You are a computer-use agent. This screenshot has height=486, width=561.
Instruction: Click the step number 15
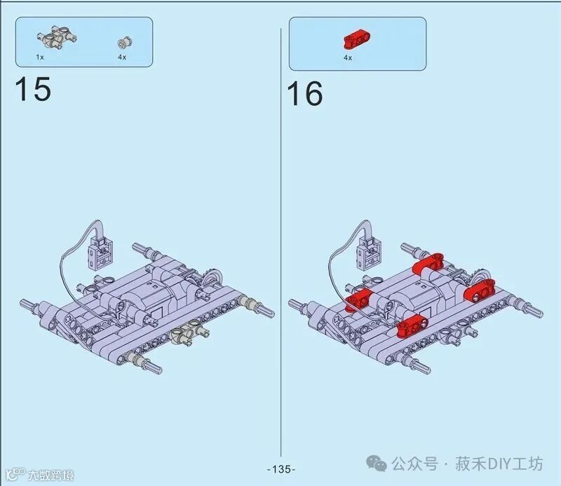(33, 89)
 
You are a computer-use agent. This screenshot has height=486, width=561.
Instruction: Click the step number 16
(304, 93)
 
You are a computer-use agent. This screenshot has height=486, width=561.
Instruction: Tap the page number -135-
(281, 469)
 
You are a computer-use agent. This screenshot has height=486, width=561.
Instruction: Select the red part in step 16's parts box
(357, 40)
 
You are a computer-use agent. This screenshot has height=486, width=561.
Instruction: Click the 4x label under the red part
(348, 58)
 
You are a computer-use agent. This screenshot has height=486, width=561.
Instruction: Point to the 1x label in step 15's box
(40, 57)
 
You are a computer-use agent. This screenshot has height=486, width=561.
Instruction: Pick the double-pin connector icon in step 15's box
(57, 37)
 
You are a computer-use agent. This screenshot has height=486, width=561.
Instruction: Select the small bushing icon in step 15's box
(125, 43)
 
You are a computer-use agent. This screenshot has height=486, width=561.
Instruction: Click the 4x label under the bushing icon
(122, 57)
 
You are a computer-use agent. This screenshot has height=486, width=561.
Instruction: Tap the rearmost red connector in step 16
(428, 263)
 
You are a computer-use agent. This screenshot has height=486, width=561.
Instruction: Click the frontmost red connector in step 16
(412, 325)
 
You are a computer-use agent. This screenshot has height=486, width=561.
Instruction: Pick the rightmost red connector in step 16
(479, 289)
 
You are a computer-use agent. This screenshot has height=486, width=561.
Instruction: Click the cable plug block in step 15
(100, 252)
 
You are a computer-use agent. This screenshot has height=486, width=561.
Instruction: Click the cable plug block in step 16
(369, 252)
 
